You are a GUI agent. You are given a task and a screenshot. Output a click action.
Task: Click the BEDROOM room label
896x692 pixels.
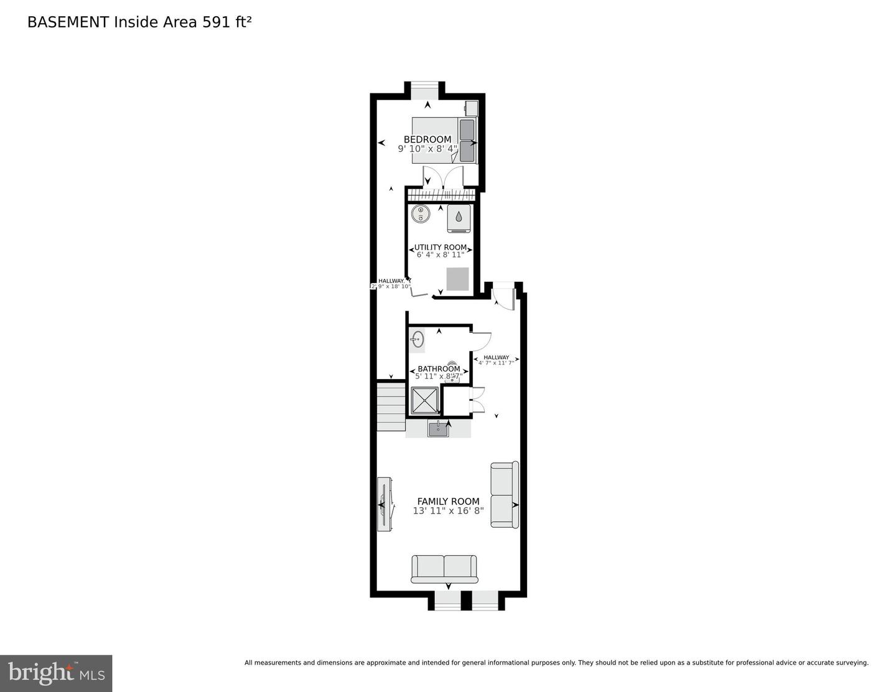[427, 139]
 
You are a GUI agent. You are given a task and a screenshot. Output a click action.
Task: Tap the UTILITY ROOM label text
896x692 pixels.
[441, 247]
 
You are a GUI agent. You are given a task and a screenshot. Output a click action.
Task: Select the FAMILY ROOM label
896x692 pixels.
[448, 501]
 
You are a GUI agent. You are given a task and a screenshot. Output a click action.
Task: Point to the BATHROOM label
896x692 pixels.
[439, 369]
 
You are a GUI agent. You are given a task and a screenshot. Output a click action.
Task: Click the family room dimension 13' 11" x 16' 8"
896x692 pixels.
[448, 511]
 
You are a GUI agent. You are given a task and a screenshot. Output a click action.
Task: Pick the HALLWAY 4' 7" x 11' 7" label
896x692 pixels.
[496, 360]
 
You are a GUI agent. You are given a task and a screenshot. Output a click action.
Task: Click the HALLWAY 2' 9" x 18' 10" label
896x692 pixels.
[391, 284]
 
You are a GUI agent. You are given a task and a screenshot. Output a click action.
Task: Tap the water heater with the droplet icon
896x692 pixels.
[459, 218]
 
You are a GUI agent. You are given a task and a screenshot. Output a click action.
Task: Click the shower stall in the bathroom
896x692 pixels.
[425, 400]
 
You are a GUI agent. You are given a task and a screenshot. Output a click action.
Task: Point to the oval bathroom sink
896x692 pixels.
[418, 340]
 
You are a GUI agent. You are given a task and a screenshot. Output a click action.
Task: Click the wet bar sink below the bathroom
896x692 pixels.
[439, 428]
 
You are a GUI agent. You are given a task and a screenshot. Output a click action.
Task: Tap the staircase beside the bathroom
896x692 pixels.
[391, 406]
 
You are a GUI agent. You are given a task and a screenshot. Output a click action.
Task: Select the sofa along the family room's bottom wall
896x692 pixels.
[444, 569]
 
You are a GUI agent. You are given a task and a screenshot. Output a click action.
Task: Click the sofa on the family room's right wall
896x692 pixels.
[504, 495]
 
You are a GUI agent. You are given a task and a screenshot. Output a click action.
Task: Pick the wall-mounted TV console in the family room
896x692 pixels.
[384, 504]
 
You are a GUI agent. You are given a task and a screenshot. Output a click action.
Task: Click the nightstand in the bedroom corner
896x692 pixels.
[471, 108]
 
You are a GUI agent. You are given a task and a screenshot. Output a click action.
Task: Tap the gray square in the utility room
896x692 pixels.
[458, 278]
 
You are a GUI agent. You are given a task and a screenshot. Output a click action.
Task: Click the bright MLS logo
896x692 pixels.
[56, 673]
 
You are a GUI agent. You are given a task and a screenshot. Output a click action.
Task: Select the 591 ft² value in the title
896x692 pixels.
[226, 22]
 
